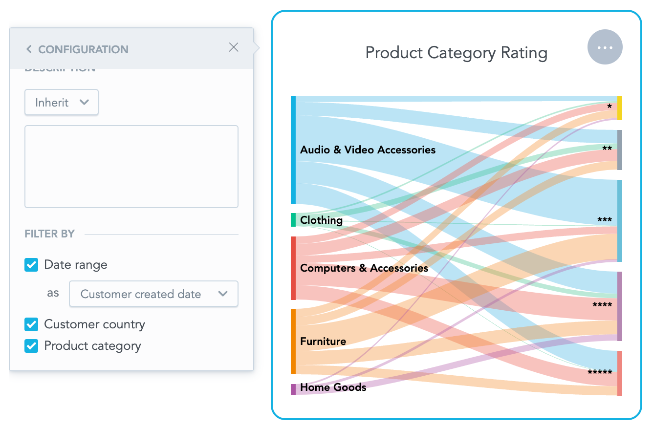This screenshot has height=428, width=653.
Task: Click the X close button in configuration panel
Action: pos(234,47)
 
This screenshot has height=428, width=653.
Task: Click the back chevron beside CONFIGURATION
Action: pos(29,49)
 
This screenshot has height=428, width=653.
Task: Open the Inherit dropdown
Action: pos(62,103)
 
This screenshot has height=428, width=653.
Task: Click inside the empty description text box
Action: pos(131,167)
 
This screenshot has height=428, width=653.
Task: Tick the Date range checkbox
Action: pos(31,265)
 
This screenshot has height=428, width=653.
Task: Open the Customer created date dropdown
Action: pos(153,294)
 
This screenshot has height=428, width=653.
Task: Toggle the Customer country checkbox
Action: pos(31,324)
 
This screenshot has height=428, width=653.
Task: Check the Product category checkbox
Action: pos(31,346)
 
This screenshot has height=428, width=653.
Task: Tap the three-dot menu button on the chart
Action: pos(605,47)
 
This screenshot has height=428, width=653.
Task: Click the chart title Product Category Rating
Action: pos(456,53)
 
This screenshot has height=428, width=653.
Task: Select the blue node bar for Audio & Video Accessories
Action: pos(293,150)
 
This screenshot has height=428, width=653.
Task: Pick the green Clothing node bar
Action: pos(293,220)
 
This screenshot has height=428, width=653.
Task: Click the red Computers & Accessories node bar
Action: pos(293,268)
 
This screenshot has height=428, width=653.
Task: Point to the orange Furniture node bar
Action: pos(293,341)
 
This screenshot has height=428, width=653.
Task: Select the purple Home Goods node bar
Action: pos(293,389)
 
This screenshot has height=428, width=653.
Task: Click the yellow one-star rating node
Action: pos(620,108)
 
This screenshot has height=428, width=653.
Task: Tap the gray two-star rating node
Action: pos(620,150)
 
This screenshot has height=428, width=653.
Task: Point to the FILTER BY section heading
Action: pos(50,234)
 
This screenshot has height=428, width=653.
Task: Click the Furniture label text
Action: pos(323,341)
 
